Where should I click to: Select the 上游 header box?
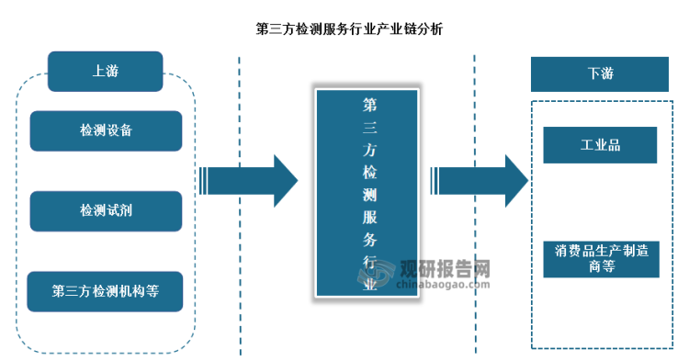(x=105, y=70)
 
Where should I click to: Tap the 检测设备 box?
(x=105, y=130)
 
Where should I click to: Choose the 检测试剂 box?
(x=105, y=211)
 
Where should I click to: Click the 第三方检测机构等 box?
(x=105, y=292)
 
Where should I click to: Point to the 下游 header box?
(x=600, y=73)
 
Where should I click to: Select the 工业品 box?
(x=600, y=145)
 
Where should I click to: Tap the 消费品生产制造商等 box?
(x=600, y=257)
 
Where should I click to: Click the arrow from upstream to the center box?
(x=248, y=181)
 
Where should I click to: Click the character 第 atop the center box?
(x=369, y=104)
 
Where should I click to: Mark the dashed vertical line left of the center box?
(x=240, y=202)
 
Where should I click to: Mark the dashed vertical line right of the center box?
(x=475, y=202)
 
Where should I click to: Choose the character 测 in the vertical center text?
(x=369, y=194)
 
